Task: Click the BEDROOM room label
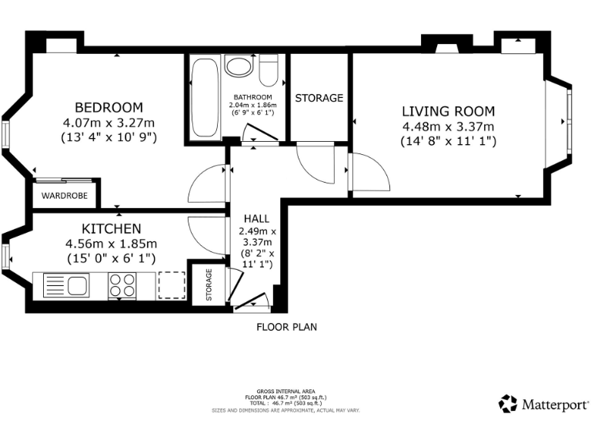109,108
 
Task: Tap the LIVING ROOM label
448,111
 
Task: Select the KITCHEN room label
112,229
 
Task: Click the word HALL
257,219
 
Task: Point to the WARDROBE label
65,196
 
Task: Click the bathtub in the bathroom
205,97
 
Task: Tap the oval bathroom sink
238,66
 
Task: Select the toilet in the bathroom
269,70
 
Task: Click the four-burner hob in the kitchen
122,285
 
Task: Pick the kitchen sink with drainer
66,285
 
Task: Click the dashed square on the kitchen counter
172,285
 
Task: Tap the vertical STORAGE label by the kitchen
209,284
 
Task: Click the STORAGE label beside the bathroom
319,98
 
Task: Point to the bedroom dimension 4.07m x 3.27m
109,123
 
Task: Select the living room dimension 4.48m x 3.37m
448,127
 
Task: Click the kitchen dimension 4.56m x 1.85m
111,244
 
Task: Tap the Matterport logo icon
508,404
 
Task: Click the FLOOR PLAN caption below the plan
287,327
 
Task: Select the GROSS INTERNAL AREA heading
285,392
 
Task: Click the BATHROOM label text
253,97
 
